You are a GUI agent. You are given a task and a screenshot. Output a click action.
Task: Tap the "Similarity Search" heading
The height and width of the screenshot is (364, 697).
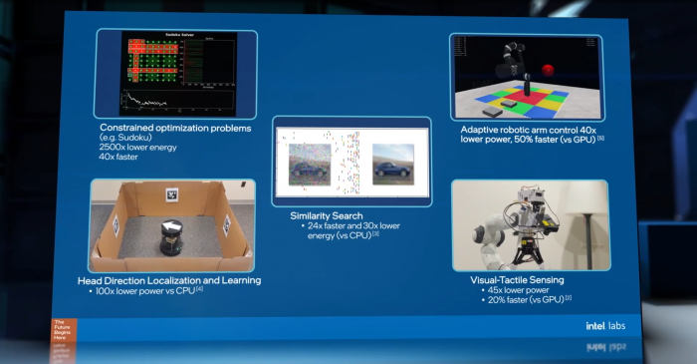click(326, 215)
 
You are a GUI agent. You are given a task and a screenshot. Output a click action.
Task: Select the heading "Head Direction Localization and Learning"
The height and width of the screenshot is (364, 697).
click(169, 280)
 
